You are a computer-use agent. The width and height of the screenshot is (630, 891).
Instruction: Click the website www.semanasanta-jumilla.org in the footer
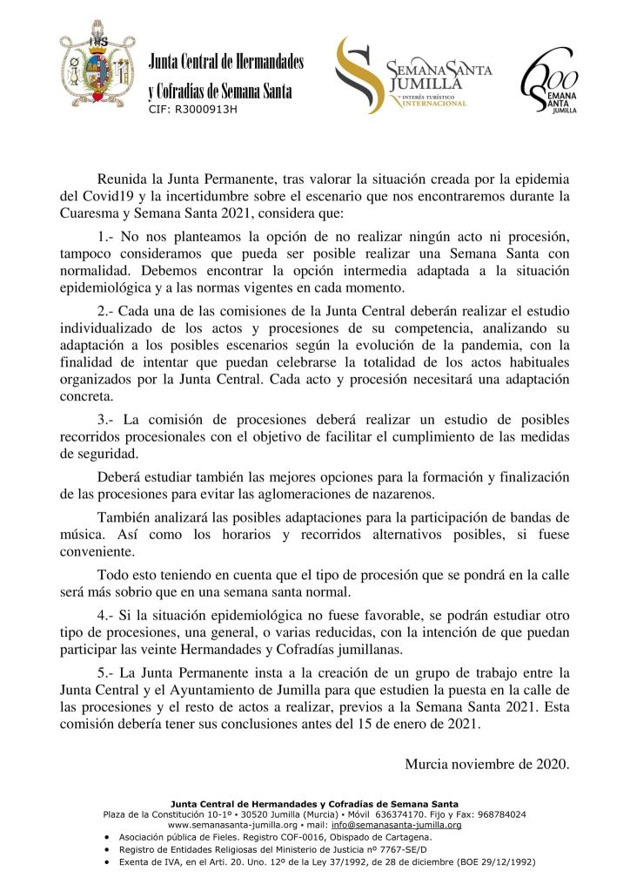(x=231, y=825)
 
